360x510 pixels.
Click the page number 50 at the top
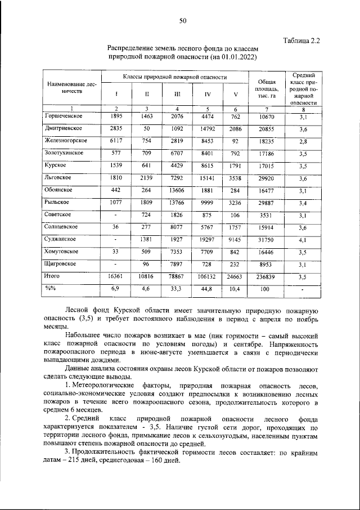tap(182, 21)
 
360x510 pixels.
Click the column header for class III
tap(177, 93)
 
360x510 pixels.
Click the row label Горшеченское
tap(64, 116)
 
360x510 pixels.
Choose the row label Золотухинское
tap(64, 153)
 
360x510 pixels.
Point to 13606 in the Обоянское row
tap(177, 191)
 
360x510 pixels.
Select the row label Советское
tap(59, 214)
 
